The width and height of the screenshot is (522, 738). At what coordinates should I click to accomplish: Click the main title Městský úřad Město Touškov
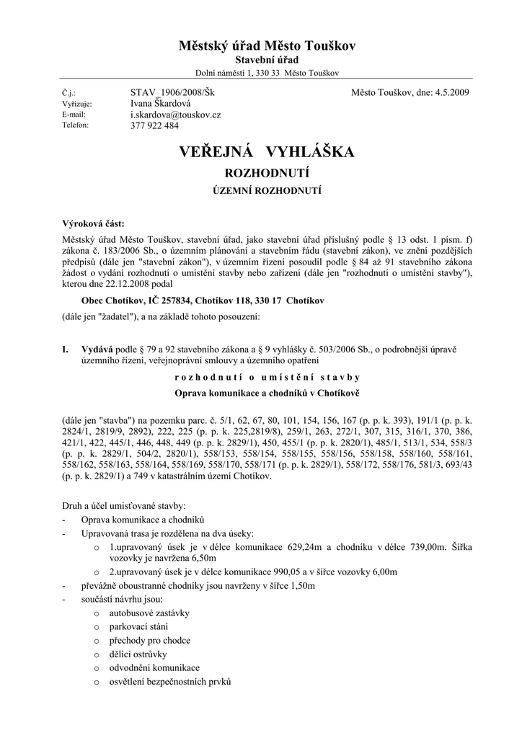[261, 46]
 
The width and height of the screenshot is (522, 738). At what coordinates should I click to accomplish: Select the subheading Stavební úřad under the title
[261, 61]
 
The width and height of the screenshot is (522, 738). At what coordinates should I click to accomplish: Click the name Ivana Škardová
[161, 104]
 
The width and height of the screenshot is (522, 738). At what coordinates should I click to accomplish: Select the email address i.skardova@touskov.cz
[175, 115]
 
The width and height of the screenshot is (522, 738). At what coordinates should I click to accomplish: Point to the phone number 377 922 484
[154, 125]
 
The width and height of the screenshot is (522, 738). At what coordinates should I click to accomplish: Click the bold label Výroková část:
[93, 224]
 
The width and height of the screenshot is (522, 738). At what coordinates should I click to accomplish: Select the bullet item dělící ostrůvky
[138, 654]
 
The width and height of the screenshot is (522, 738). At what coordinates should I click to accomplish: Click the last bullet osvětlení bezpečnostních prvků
[170, 682]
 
